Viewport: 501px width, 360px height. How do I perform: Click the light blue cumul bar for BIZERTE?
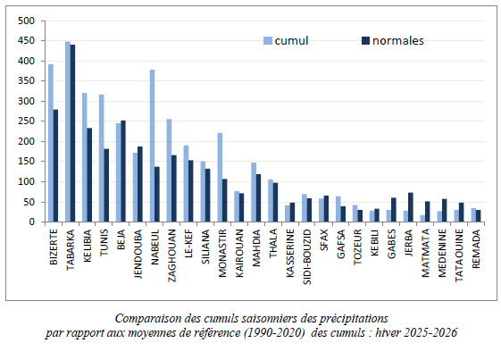51,143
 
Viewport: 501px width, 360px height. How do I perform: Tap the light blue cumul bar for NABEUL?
153,146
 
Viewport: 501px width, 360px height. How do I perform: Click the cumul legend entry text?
291,40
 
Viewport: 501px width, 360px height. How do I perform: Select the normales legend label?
398,40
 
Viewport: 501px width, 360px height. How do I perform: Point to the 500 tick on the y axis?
27,21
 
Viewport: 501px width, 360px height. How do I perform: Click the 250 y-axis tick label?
27,121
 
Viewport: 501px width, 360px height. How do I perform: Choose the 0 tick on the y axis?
32,222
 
